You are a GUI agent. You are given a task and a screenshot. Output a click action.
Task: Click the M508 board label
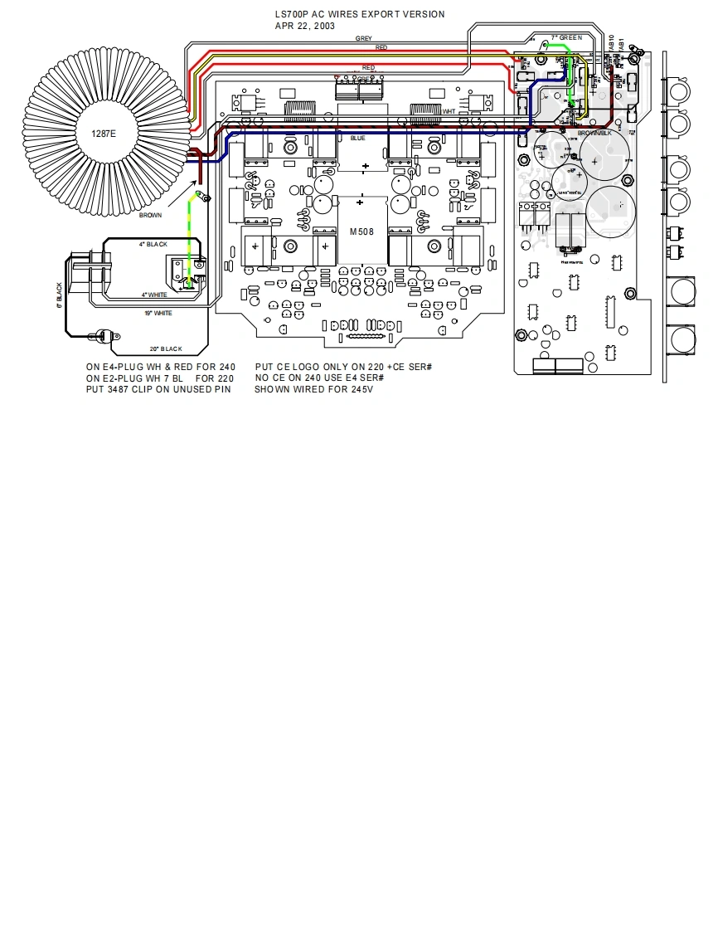pyautogui.click(x=361, y=232)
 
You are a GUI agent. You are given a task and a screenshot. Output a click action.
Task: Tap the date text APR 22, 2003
pyautogui.click(x=305, y=26)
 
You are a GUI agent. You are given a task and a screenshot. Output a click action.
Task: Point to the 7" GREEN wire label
pyautogui.click(x=567, y=38)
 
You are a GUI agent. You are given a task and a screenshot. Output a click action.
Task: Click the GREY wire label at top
pyautogui.click(x=363, y=38)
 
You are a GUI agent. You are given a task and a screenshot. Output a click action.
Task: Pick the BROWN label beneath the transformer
pyautogui.click(x=150, y=215)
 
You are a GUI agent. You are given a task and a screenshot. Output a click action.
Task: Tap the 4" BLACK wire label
pyautogui.click(x=153, y=245)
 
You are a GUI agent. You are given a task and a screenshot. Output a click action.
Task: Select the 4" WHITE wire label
pyautogui.click(x=155, y=295)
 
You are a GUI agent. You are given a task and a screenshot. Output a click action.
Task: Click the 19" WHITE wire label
pyautogui.click(x=158, y=313)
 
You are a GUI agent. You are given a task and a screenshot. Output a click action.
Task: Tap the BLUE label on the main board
pyautogui.click(x=357, y=139)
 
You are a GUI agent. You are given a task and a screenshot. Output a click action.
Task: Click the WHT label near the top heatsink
pyautogui.click(x=449, y=111)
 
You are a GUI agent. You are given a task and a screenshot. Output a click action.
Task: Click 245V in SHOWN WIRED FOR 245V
pyautogui.click(x=361, y=389)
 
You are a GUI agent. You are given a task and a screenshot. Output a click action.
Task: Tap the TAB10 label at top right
pyautogui.click(x=611, y=45)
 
